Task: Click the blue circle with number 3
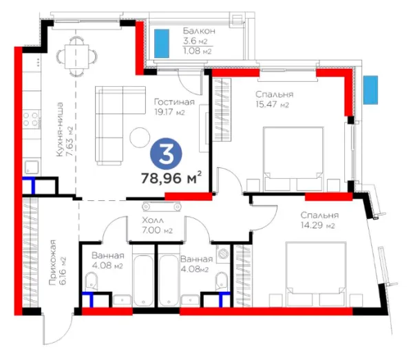pos(166,153)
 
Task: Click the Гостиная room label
pos(174,102)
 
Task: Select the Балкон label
pos(199,31)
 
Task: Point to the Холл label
pos(153,220)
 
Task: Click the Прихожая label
pos(53,262)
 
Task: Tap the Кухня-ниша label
pos(60,129)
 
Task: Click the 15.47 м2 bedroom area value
pos(273,105)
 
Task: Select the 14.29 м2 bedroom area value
pos(317,225)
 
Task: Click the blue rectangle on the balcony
pos(162,43)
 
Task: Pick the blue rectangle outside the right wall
pos(370,90)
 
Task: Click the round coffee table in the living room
pos(140,137)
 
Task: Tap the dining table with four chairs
pos(76,56)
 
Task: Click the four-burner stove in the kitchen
pos(30,119)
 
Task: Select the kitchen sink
pos(32,167)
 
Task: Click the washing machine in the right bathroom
pos(223,253)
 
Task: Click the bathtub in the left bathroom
pos(143,281)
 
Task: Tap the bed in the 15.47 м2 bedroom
pos(293,159)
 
